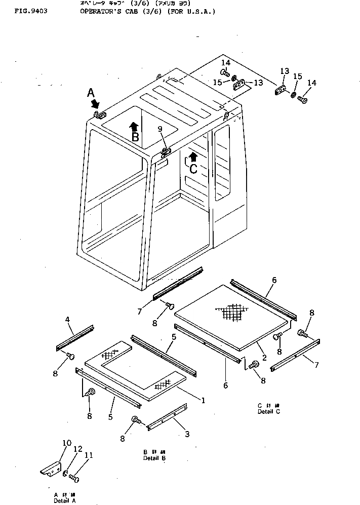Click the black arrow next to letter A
click(95, 103)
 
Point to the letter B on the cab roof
click(135, 137)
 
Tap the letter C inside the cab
click(193, 169)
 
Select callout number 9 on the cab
click(161, 130)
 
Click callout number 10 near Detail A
click(67, 443)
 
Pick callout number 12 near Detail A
click(77, 449)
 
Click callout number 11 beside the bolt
click(89, 455)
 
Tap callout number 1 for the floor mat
click(203, 400)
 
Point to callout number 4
click(67, 320)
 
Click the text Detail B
click(154, 458)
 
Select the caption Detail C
click(268, 411)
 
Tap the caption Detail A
click(64, 500)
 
